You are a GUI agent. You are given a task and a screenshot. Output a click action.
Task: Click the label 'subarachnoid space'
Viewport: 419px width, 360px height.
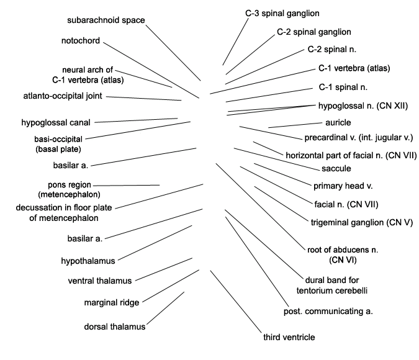coord(106,20)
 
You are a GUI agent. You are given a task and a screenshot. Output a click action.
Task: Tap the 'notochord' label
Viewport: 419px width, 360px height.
coord(81,40)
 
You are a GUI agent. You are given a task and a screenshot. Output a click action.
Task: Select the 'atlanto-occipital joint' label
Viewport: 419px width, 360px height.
coord(63,96)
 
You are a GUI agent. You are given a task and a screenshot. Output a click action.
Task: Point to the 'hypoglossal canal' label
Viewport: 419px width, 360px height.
coord(56,123)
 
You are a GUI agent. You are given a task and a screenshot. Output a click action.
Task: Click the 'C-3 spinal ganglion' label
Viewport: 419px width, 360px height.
coord(282,14)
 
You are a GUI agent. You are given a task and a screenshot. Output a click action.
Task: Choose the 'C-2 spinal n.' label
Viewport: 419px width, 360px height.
coord(332,50)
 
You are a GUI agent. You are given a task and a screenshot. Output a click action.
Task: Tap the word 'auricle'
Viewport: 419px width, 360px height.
coord(338,123)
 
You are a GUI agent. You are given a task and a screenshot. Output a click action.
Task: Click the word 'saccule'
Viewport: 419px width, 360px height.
coord(336,169)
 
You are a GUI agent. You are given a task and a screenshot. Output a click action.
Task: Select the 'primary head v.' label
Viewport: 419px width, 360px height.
coord(343,186)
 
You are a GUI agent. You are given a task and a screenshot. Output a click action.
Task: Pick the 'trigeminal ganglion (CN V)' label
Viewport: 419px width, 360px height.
coord(362,223)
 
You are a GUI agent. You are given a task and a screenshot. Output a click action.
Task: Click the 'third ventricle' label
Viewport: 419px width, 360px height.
coord(289,337)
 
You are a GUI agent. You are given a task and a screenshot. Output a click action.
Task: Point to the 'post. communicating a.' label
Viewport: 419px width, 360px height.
coord(328,312)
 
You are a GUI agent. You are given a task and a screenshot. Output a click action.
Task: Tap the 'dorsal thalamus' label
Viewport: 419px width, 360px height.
coord(115,326)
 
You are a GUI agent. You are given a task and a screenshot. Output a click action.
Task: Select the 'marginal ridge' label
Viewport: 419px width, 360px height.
coord(112,302)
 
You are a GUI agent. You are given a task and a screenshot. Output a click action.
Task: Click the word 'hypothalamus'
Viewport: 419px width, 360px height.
coord(88,261)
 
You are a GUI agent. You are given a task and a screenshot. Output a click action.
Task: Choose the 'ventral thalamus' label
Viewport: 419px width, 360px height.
coord(100,281)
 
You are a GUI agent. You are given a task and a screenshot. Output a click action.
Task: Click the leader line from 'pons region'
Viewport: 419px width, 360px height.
coord(127,185)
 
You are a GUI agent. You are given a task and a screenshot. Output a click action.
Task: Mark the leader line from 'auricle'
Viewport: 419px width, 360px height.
coord(295,125)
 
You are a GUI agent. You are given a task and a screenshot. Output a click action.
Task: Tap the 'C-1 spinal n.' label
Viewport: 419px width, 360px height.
coord(343,88)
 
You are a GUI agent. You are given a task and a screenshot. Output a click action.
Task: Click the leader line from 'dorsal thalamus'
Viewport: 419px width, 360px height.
coord(165,308)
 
